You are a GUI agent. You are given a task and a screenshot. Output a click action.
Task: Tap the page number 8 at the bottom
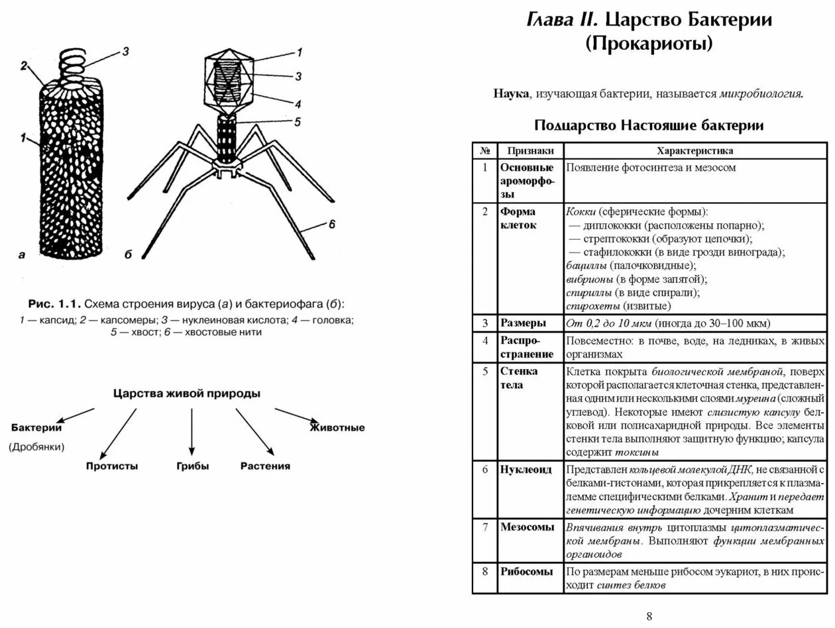[649, 616]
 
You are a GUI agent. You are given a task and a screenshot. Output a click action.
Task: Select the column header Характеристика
[695, 150]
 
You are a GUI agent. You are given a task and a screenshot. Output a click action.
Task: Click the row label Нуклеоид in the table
[526, 470]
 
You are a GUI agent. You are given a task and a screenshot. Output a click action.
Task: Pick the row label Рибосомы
[527, 572]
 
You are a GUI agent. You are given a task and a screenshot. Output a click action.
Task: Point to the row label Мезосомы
[528, 528]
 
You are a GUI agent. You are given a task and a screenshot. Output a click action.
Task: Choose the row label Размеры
[524, 323]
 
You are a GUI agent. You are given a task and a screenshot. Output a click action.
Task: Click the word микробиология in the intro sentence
[761, 94]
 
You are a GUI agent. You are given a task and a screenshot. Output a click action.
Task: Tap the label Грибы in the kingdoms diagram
[193, 466]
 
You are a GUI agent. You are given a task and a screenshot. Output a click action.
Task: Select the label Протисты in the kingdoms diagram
[112, 466]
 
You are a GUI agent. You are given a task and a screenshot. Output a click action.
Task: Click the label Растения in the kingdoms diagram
[265, 466]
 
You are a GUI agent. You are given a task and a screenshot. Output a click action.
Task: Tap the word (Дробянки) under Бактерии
[37, 447]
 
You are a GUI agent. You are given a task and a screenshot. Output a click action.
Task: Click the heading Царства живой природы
[187, 393]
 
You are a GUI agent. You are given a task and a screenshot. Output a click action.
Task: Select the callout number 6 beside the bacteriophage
[332, 225]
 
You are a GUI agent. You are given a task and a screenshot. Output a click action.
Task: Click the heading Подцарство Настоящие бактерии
[649, 125]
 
